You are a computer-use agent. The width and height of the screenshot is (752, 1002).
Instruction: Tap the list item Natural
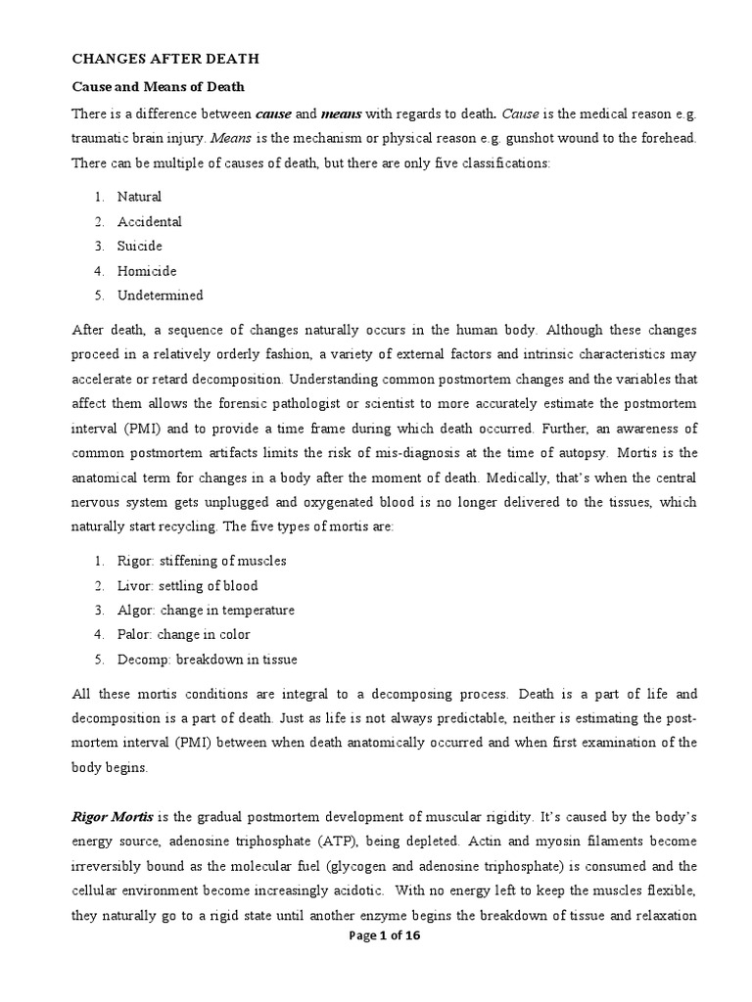coord(139,197)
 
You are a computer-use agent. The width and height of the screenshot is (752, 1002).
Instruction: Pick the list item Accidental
coord(149,221)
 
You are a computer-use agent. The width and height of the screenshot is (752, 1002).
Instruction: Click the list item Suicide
coord(140,246)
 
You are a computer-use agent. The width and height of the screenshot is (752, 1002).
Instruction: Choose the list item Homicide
coord(147,271)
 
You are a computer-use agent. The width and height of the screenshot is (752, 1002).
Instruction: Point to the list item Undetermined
coord(161,296)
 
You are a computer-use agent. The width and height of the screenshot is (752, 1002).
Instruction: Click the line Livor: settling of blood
coord(187,586)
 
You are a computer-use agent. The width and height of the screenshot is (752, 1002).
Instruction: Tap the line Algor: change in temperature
coord(206,611)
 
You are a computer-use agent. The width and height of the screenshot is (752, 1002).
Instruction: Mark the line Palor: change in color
coord(184,635)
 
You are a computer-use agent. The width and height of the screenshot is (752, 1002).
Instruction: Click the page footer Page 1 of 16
coord(375,935)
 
